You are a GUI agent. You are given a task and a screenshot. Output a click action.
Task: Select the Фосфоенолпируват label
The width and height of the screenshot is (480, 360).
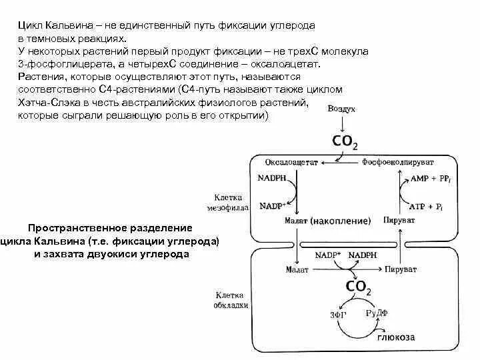point(397,162)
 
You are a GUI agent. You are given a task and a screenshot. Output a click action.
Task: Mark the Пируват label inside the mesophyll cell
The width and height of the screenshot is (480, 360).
point(399,220)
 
